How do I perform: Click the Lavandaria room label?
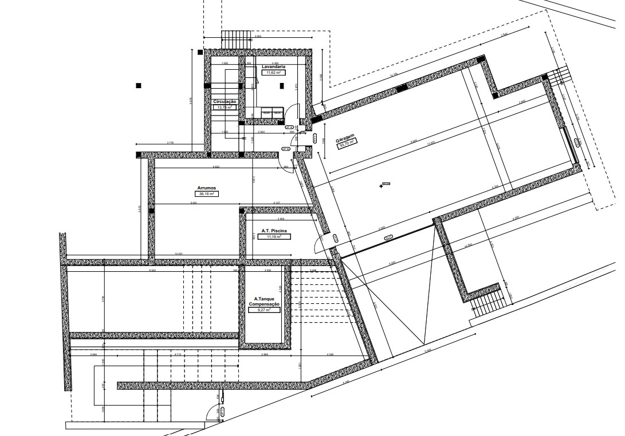[x=273, y=67]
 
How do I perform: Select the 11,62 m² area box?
[x=273, y=73]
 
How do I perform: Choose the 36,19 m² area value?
[x=206, y=194]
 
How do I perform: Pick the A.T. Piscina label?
[x=274, y=231]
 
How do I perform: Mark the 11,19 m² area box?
[x=274, y=236]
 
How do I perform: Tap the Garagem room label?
[x=345, y=139]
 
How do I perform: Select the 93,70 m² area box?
[x=348, y=145]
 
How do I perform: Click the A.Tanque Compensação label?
[x=264, y=302]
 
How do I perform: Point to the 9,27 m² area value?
[x=264, y=310]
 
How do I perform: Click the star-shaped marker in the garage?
[x=382, y=185]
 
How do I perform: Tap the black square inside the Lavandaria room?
[x=282, y=86]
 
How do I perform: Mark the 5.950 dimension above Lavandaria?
[x=258, y=37]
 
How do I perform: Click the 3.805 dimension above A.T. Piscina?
[x=281, y=219]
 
